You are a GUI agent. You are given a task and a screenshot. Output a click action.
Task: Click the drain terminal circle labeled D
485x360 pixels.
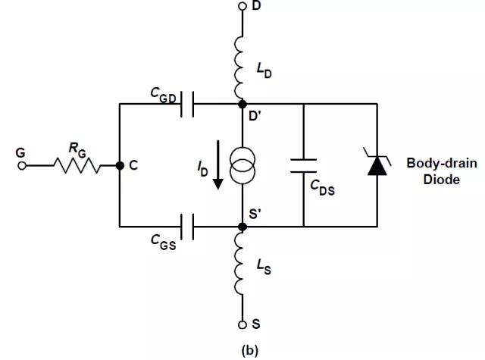click(x=242, y=6)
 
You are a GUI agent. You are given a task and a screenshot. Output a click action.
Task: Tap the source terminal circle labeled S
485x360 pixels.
click(x=242, y=324)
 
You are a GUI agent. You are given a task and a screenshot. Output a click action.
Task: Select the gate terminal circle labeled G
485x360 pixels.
click(x=22, y=166)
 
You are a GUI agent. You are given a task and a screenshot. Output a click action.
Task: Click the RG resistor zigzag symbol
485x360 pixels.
click(x=77, y=166)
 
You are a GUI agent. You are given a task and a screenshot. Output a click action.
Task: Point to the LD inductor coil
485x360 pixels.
click(x=239, y=67)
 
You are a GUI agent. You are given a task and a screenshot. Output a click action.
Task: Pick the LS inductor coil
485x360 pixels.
click(x=239, y=263)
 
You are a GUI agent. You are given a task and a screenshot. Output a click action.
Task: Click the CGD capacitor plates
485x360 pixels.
click(x=187, y=105)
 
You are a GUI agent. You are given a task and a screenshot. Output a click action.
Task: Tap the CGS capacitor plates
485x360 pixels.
click(x=187, y=227)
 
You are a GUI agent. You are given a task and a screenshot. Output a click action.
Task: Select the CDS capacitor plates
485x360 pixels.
click(x=303, y=165)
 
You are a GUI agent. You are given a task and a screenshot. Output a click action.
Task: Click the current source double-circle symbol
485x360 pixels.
click(x=242, y=165)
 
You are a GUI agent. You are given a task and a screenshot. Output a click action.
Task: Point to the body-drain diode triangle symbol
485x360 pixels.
click(x=377, y=166)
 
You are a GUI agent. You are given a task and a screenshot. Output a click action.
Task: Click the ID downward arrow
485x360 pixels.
click(x=218, y=165)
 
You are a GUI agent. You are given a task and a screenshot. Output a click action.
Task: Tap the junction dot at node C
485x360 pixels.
click(x=120, y=166)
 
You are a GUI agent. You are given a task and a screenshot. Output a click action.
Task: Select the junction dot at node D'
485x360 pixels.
click(x=242, y=104)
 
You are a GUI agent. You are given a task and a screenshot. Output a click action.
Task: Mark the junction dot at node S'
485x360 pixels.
click(x=242, y=227)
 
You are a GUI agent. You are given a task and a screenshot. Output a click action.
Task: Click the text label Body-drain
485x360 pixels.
click(x=442, y=163)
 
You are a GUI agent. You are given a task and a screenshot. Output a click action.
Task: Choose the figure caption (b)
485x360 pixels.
click(x=249, y=350)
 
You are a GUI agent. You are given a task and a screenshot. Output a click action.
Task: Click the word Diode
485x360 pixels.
click(x=441, y=180)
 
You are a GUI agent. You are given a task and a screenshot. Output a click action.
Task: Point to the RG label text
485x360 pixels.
click(x=77, y=150)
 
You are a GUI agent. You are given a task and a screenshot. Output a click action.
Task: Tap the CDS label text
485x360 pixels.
click(x=322, y=187)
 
